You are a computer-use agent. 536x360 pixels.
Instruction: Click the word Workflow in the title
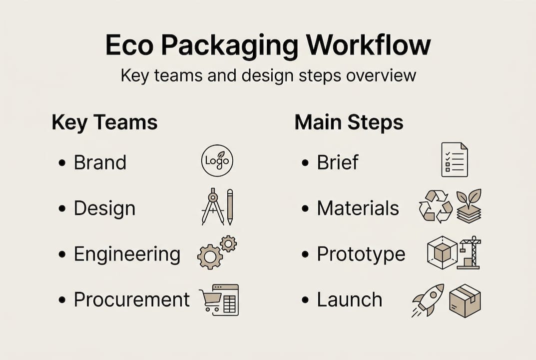coord(368,45)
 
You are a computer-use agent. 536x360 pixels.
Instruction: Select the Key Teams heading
coord(104,122)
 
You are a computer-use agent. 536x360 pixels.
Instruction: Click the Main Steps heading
coord(349,122)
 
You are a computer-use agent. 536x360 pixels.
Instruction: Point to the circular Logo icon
coord(217,160)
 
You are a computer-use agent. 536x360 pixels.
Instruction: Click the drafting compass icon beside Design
coord(212,206)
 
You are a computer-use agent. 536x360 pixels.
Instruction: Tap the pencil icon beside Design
coord(229,206)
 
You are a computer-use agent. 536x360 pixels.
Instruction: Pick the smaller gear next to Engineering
coord(228,243)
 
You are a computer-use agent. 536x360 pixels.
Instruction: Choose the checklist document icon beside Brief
coord(455,159)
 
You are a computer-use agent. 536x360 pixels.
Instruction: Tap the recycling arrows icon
coord(435,205)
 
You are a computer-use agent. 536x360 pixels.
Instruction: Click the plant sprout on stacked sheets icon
coord(469,205)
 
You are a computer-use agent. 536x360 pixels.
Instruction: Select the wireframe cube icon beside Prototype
coord(442,252)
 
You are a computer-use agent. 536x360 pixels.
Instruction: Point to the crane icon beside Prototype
coord(469,253)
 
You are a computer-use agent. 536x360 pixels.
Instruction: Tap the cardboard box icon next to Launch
coord(465,300)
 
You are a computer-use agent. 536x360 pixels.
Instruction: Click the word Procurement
coord(132,299)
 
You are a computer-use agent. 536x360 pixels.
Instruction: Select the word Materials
coord(358,208)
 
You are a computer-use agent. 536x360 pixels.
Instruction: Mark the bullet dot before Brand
coord(62,163)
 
